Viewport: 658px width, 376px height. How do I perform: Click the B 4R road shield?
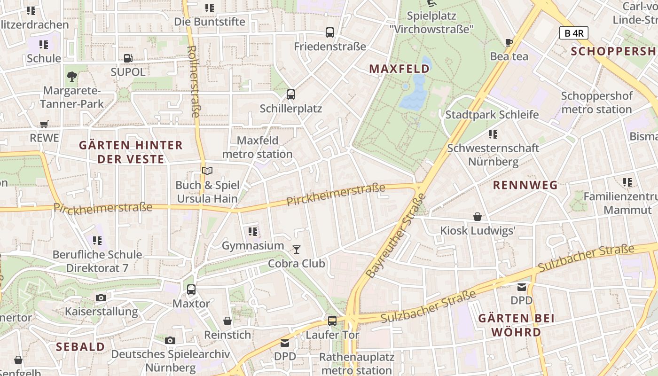(x=573, y=33)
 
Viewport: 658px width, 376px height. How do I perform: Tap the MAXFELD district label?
(x=399, y=69)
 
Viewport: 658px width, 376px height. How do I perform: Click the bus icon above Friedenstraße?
(x=330, y=32)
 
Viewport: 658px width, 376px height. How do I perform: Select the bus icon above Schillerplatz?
(x=291, y=94)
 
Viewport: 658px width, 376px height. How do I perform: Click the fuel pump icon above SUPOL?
(x=128, y=58)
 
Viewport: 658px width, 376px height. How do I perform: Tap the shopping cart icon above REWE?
(x=44, y=125)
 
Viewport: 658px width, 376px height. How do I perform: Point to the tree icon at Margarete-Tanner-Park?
(x=72, y=76)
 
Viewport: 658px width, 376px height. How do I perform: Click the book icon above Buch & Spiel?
(x=207, y=171)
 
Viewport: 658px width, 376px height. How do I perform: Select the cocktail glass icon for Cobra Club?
(x=297, y=249)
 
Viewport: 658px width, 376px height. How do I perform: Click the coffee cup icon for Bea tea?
(x=509, y=42)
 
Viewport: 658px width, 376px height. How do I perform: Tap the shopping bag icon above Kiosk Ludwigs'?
(x=478, y=217)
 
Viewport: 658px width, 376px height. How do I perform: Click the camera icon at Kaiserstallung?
(x=101, y=298)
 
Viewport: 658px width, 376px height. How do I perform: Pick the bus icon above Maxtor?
(x=191, y=289)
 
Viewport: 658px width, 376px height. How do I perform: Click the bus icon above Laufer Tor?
(x=332, y=321)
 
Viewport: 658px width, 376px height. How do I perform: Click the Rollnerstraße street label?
(x=194, y=81)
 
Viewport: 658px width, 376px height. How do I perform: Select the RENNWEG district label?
(x=525, y=185)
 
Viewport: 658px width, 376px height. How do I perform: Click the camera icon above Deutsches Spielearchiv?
(x=170, y=340)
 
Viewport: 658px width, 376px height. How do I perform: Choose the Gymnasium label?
(x=253, y=246)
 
